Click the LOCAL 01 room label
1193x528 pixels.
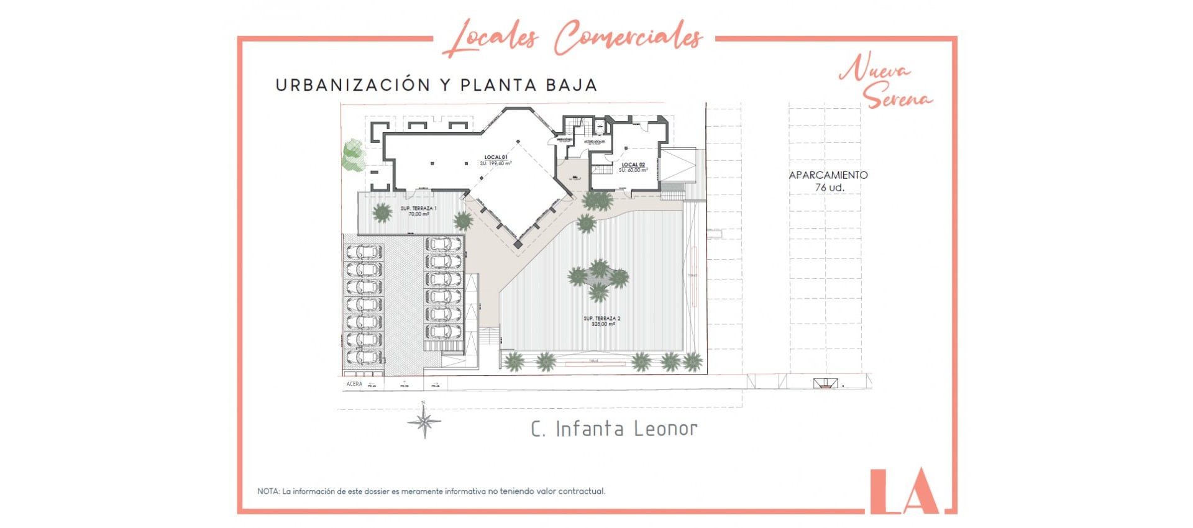pos(496,160)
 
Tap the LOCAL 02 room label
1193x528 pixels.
pos(633,167)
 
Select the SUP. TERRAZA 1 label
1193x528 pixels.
pos(418,211)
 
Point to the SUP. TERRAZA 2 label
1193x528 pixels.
pos(601,321)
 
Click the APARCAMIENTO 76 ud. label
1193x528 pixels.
pos(828,181)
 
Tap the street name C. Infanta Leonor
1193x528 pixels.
pos(614,429)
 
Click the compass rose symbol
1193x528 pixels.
pos(424,422)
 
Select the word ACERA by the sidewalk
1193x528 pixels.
pos(354,384)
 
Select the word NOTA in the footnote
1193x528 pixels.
pos(268,491)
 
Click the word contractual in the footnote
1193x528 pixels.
pos(582,491)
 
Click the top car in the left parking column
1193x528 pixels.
pos(364,252)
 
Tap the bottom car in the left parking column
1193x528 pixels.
pos(364,357)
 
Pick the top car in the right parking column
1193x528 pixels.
pos(443,244)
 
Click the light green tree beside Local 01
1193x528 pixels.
pos(353,155)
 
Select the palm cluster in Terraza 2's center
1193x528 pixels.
pos(599,279)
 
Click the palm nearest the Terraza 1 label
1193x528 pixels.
pos(382,213)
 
